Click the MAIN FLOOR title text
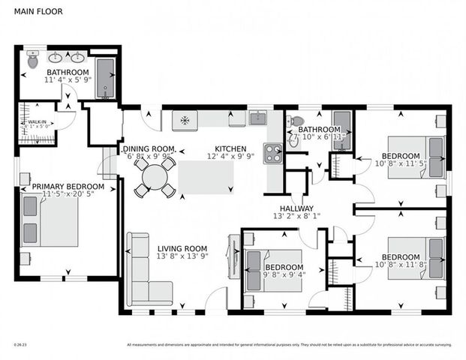(36, 12)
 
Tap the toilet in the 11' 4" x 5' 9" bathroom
(32, 60)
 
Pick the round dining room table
(155, 178)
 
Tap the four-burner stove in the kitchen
(273, 153)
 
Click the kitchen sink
(258, 118)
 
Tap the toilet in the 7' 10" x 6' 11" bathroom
(297, 121)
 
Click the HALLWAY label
(296, 208)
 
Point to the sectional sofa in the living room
(143, 274)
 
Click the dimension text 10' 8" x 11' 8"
(399, 265)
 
